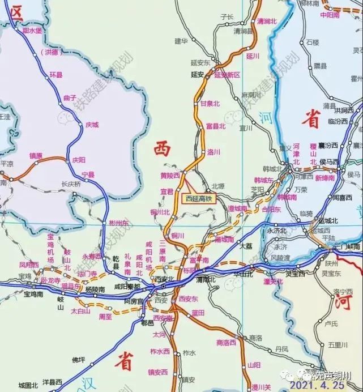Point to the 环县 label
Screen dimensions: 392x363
(55, 74)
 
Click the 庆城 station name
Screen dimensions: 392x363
(91, 124)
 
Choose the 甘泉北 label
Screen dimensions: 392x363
(210, 104)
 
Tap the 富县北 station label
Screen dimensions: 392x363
(215, 126)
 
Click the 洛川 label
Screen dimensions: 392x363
(213, 152)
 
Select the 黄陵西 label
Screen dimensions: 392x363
(170, 175)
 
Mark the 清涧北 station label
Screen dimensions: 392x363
(265, 21)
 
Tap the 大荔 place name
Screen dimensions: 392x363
(245, 246)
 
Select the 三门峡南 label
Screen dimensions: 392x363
(346, 246)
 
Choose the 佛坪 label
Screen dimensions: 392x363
(78, 359)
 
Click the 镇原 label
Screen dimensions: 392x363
(36, 155)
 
